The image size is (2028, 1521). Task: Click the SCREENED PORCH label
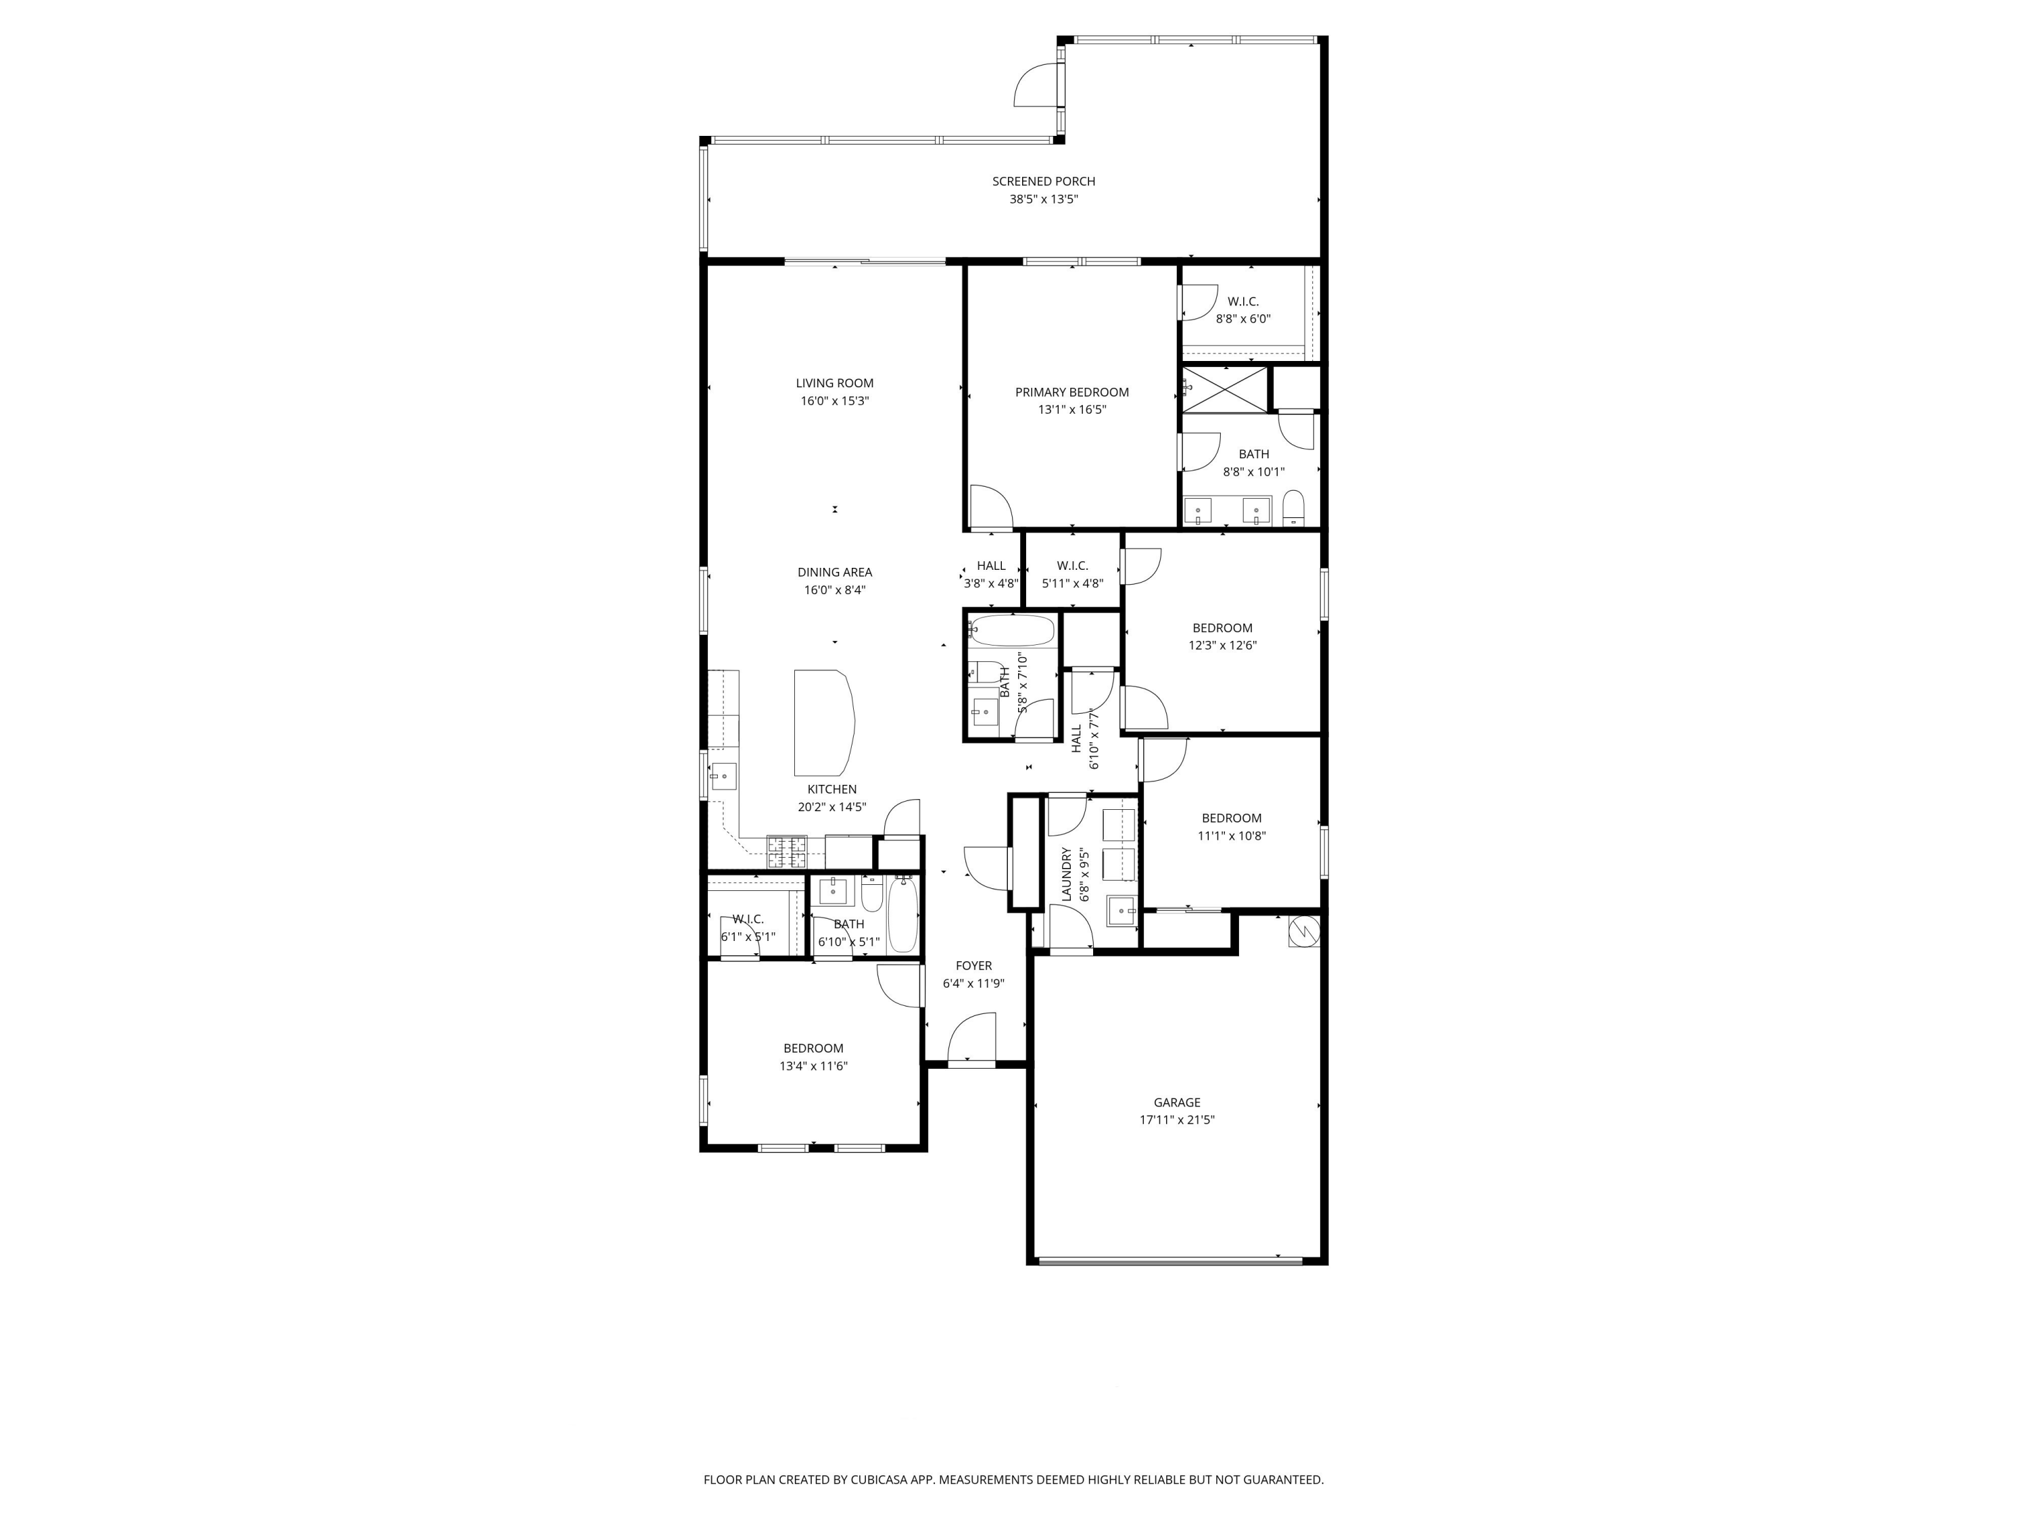click(x=1043, y=182)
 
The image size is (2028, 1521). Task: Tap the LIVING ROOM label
click(x=834, y=383)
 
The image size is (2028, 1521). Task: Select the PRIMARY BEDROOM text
click(x=1071, y=392)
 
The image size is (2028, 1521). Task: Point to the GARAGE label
click(x=1176, y=1102)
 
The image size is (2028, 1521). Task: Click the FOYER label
click(x=973, y=965)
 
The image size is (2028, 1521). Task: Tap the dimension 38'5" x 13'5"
click(x=1043, y=199)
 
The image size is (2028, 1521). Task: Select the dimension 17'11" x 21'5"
click(x=1176, y=1119)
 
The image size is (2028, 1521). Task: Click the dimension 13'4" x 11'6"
click(x=813, y=1066)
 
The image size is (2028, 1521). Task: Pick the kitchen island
click(x=824, y=723)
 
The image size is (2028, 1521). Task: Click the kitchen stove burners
click(x=787, y=852)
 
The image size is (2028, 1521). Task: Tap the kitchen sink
click(x=723, y=777)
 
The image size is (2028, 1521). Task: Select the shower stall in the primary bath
click(x=1224, y=389)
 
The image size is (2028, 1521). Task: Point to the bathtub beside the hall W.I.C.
click(x=1012, y=631)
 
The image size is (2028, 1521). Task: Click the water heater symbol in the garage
click(x=1303, y=932)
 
